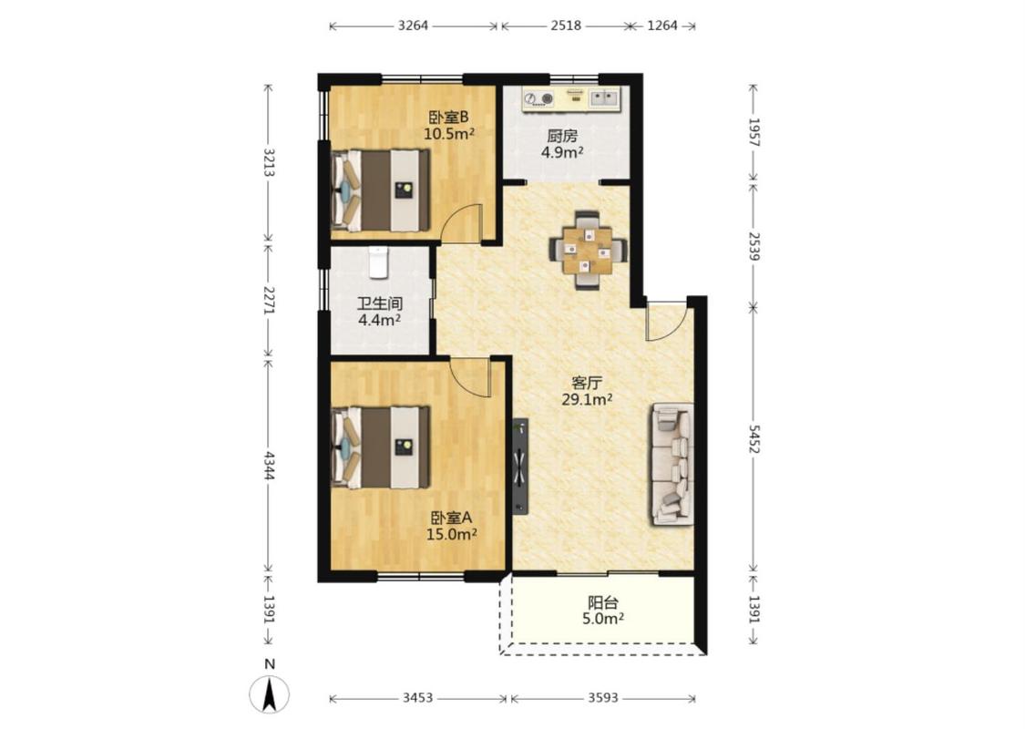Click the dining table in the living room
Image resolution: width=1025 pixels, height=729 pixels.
589,249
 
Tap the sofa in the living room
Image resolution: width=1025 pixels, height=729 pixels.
672,464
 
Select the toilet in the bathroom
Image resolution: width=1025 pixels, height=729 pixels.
378,262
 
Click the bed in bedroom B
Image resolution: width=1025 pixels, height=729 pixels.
381,190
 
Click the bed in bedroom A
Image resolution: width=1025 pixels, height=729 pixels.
381,447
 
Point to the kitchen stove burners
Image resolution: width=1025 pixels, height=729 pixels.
540,98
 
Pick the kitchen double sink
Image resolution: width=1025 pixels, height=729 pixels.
605,98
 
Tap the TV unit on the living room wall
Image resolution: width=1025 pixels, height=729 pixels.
520,467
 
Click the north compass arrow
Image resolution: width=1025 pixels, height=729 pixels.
269,693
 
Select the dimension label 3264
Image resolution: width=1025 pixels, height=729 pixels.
413,26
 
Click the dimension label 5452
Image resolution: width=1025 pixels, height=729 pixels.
753,438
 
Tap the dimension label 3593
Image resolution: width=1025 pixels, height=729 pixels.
602,698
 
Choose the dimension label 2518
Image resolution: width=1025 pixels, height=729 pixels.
566,26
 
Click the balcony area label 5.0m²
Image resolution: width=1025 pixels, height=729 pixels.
603,618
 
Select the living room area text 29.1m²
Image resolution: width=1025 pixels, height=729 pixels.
587,399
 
